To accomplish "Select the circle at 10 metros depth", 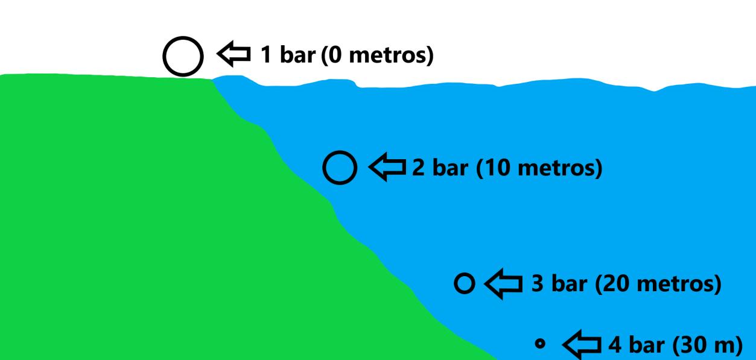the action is pos(340,168).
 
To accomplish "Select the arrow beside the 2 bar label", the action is pos(387,167).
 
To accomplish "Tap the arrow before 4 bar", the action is pos(583,345).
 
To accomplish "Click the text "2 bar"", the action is pos(440,167).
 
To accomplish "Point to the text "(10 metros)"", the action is pos(539,167).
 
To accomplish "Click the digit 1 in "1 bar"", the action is pos(265,55).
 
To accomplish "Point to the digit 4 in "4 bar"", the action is pos(615,346).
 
